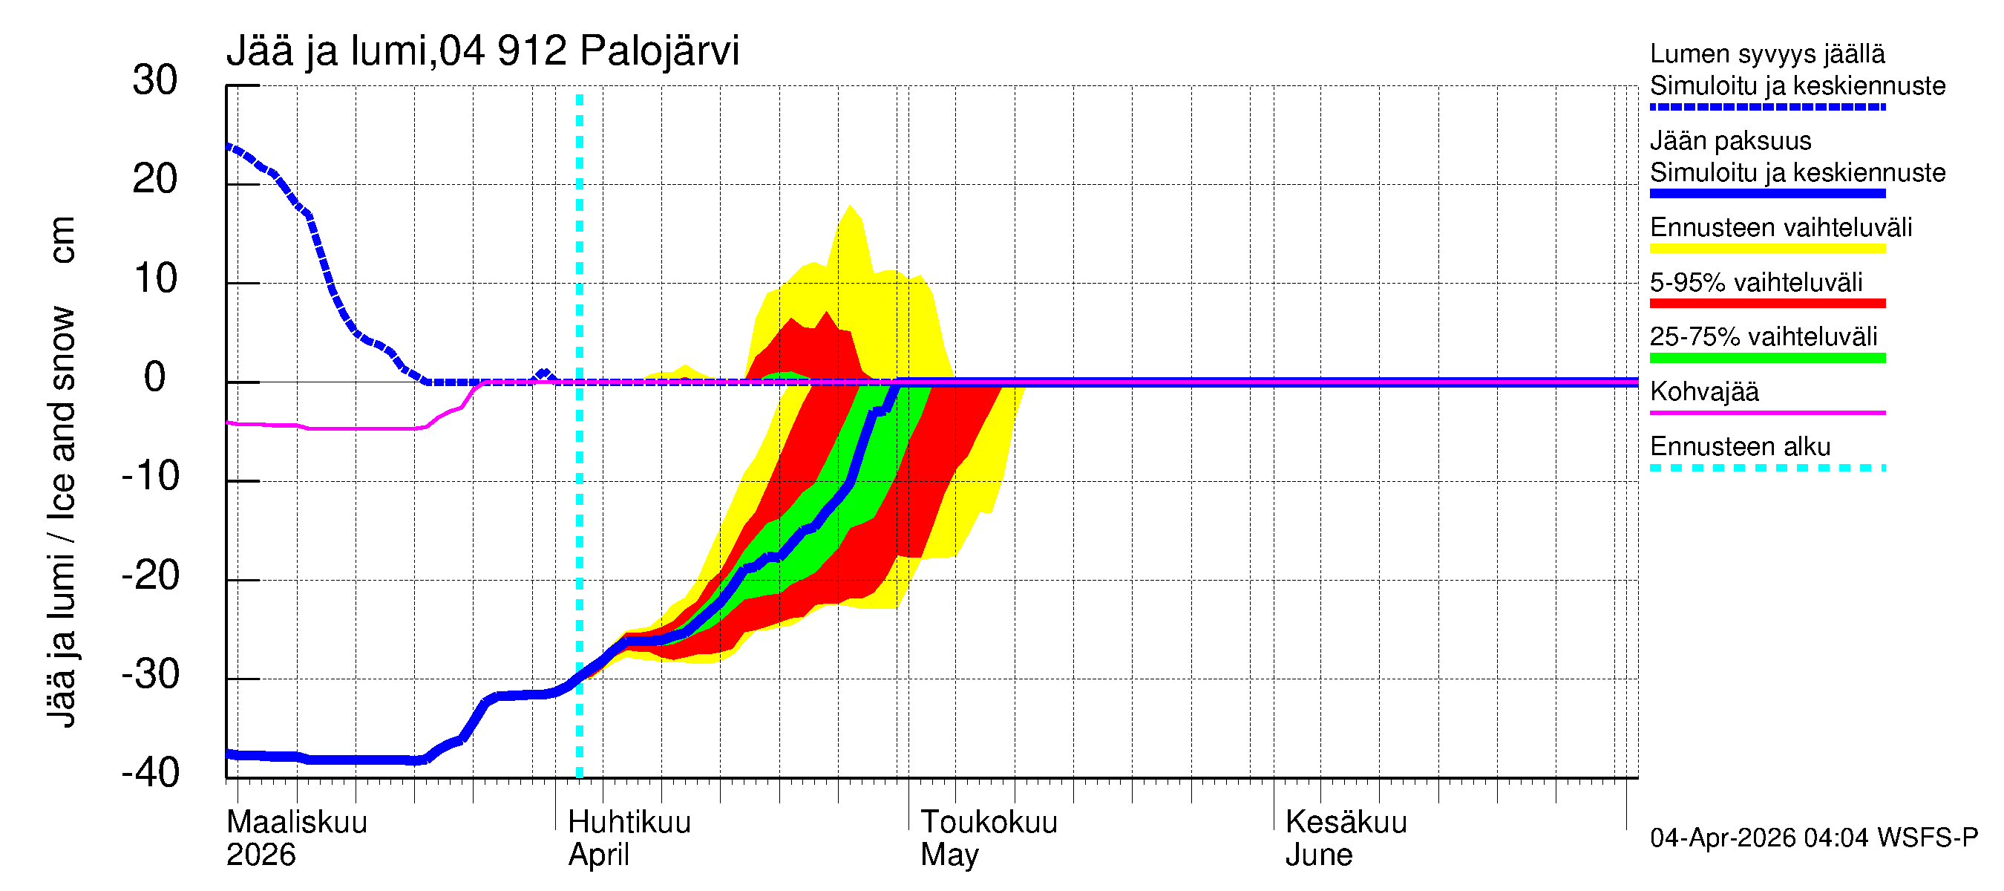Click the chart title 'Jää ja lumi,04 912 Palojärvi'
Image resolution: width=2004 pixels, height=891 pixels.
[482, 51]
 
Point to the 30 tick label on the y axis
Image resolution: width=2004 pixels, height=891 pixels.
[155, 80]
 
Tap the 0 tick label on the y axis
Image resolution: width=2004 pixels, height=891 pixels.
[155, 377]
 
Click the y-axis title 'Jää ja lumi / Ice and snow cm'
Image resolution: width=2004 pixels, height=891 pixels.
[62, 471]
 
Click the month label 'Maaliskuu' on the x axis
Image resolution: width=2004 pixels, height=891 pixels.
[296, 822]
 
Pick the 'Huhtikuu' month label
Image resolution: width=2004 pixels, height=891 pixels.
[629, 822]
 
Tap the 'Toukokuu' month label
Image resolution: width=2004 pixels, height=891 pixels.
[989, 822]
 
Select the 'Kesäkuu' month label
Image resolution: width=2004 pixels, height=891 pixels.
[1346, 822]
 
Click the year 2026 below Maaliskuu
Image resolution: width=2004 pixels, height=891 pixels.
[261, 855]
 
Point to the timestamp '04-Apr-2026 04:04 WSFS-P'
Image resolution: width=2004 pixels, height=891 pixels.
[1813, 838]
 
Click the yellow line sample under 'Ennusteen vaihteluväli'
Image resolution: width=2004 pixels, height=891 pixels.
[1766, 249]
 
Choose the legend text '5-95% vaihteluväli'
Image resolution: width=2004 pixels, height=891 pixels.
[1756, 282]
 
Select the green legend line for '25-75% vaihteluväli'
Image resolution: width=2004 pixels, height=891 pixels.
[1766, 358]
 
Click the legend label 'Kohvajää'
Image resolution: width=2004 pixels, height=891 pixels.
[1703, 391]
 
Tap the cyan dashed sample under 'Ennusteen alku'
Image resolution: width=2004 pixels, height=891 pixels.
[1766, 468]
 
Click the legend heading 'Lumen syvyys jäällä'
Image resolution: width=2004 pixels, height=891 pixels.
[1766, 53]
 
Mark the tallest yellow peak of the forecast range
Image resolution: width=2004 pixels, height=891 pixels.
[851, 207]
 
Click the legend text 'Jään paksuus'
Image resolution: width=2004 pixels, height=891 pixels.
[1730, 141]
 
